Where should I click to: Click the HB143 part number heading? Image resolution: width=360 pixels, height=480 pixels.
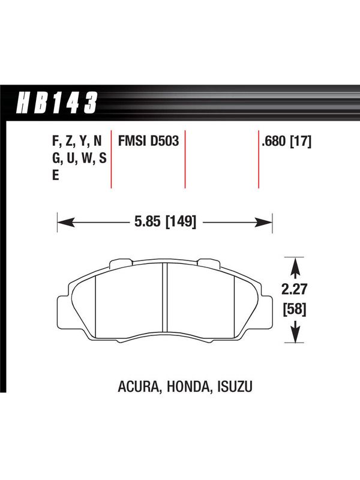57,103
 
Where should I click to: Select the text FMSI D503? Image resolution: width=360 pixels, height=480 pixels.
148,142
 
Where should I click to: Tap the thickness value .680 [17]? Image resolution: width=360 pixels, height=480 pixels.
287,142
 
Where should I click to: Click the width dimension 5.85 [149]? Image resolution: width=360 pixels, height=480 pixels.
165,221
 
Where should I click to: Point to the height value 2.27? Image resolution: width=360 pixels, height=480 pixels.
294,289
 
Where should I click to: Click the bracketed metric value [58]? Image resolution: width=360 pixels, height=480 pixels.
294,310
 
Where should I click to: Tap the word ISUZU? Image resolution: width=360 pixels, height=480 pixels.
235,387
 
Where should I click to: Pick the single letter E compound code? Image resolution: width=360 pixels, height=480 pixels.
55,176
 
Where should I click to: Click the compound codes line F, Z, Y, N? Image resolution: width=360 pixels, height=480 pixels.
77,142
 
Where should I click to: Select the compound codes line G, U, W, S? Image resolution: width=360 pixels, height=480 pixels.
79,158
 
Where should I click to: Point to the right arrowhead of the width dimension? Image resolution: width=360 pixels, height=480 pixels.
264,222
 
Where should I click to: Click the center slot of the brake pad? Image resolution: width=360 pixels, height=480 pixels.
164,298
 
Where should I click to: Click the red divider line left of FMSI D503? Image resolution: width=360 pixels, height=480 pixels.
111,159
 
